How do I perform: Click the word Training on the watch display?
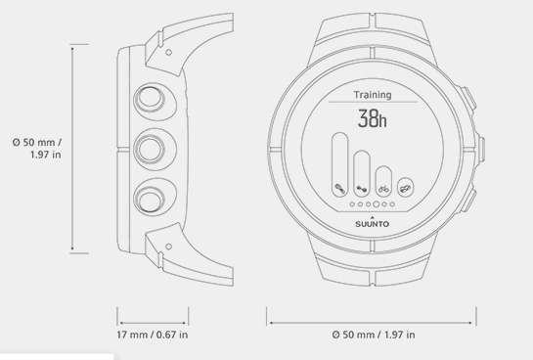373,95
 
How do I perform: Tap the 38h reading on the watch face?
373,118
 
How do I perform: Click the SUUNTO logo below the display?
373,224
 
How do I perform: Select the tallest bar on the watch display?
340,164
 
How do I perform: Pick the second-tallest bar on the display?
362,174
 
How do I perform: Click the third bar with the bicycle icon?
383,181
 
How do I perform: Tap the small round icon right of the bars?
406,188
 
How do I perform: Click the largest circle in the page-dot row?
376,204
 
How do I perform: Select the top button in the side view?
150,99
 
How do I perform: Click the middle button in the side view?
150,149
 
